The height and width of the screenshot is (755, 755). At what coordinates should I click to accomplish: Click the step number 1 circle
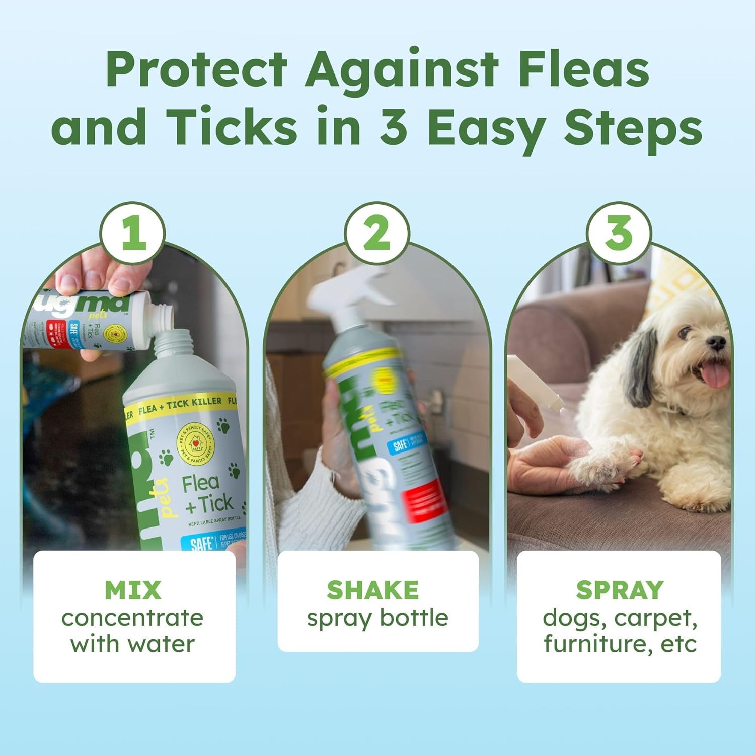tap(133, 235)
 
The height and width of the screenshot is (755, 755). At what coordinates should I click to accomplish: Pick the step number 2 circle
tap(376, 235)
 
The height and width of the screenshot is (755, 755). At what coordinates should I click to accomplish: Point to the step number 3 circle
tap(619, 235)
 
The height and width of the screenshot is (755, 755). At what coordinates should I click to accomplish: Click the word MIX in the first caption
tap(133, 590)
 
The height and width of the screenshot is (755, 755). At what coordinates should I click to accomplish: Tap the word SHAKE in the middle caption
tap(372, 590)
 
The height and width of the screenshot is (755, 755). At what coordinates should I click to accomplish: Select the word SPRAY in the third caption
tap(620, 590)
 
